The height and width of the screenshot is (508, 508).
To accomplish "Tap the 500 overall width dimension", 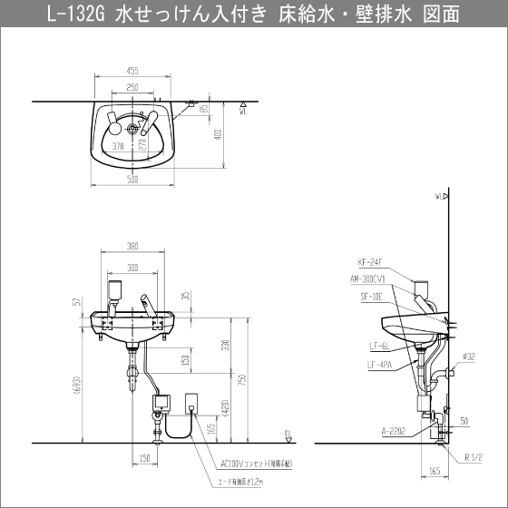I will (132, 180).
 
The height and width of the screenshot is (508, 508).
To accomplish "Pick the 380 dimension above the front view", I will (132, 246).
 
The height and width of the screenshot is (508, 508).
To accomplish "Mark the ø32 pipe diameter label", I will (469, 357).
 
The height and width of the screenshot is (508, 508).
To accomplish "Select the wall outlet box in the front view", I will (193, 402).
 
